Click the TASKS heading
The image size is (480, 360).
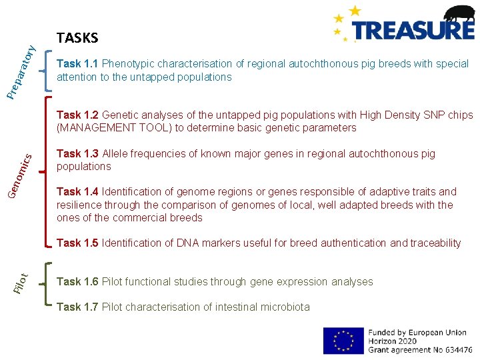tap(77, 38)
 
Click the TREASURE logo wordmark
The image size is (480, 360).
tap(413, 30)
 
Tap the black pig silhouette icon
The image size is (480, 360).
tap(459, 14)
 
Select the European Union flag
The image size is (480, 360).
tap(343, 340)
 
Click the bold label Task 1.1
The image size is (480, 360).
tap(78, 64)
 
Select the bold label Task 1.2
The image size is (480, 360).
tap(78, 115)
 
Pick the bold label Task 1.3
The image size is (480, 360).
tap(78, 154)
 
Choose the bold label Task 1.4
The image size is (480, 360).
tap(78, 192)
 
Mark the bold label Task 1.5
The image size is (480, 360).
tap(78, 243)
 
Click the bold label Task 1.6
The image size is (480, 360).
tap(78, 282)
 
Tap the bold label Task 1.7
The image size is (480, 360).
tap(78, 307)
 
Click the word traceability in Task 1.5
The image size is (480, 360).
tap(433, 243)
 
